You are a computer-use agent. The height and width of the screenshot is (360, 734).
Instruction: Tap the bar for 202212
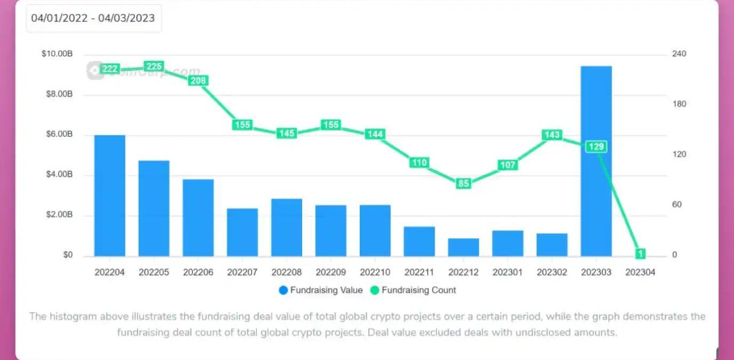pyautogui.click(x=463, y=247)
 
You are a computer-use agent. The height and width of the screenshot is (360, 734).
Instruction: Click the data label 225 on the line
pyautogui.click(x=154, y=66)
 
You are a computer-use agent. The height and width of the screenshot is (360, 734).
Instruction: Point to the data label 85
pyautogui.click(x=463, y=184)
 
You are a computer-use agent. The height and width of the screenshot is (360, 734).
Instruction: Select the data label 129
pyautogui.click(x=596, y=147)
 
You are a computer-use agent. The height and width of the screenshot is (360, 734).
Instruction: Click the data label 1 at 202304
pyautogui.click(x=640, y=254)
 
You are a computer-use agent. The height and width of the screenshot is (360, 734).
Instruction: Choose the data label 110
pyautogui.click(x=419, y=162)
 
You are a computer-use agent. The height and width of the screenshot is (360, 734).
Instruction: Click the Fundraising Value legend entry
pyautogui.click(x=320, y=291)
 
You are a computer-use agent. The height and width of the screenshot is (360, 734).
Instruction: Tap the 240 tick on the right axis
pyautogui.click(x=678, y=54)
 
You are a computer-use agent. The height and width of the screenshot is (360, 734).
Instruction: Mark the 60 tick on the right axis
pyautogui.click(x=676, y=205)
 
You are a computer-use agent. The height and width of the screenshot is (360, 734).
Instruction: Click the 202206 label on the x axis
pyautogui.click(x=198, y=272)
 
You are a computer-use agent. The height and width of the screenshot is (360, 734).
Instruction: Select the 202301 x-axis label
pyautogui.click(x=508, y=272)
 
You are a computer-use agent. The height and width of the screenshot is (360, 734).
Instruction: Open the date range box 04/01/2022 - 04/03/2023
pyautogui.click(x=93, y=18)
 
